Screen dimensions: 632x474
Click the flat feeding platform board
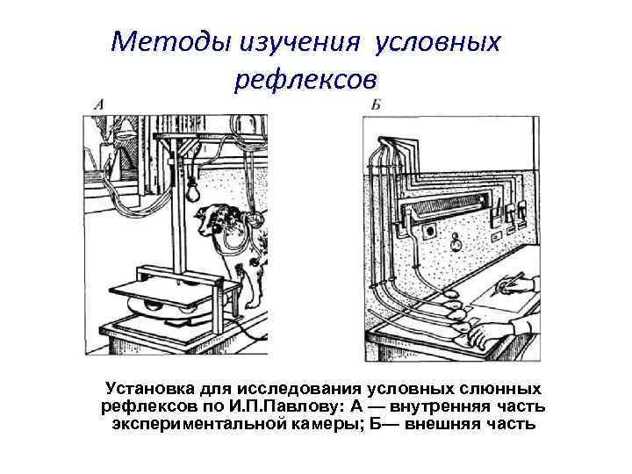point(167,283)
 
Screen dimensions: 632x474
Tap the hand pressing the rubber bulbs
point(482,334)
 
